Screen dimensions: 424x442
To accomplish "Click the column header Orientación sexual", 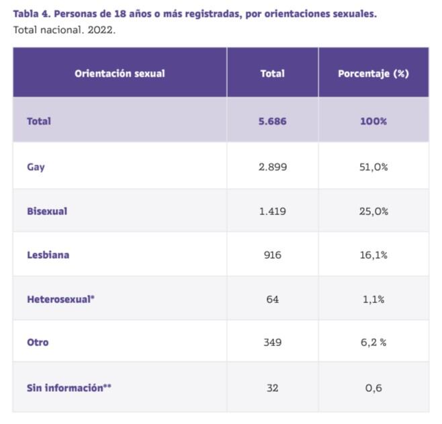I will pyautogui.click(x=120, y=73).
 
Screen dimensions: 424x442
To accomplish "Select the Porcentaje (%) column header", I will pyautogui.click(x=373, y=73).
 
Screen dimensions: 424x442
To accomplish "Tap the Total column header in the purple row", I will pyautogui.click(x=272, y=73).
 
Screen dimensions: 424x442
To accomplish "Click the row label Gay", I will pyautogui.click(x=36, y=167).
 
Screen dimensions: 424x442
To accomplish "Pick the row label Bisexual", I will pyautogui.click(x=47, y=211).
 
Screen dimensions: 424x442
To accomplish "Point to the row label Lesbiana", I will pyautogui.click(x=48, y=255).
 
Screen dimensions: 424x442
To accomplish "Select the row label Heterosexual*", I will pyautogui.click(x=60, y=299).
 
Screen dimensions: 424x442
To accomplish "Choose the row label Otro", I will pyautogui.click(x=38, y=342).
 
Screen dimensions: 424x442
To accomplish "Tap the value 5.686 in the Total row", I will pyautogui.click(x=272, y=121).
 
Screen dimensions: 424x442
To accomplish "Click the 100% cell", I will pyautogui.click(x=373, y=121).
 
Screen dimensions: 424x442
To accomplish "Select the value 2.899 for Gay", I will pyautogui.click(x=272, y=167).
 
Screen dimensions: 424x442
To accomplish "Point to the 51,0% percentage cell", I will pyautogui.click(x=373, y=167).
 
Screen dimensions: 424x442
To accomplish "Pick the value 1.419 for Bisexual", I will pyautogui.click(x=272, y=211).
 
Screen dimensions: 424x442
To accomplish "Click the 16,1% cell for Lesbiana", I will pyautogui.click(x=373, y=255).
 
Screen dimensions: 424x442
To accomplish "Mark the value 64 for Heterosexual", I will pyautogui.click(x=272, y=299).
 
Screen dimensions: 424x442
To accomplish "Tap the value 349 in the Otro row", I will pyautogui.click(x=272, y=342).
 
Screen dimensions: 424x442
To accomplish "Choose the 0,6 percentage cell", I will pyautogui.click(x=373, y=388).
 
